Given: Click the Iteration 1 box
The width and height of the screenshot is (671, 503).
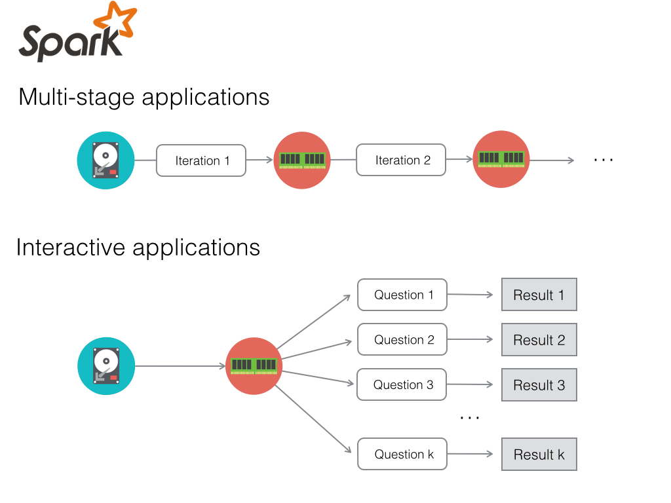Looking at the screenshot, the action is pos(201,160).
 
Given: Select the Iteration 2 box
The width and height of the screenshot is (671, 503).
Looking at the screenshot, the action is pos(401,160).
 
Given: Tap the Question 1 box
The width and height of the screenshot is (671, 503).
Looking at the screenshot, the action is pos(402,295).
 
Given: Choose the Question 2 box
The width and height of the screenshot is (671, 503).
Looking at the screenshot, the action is pos(402,340).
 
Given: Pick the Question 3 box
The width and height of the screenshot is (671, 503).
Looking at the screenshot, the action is pos(402,384).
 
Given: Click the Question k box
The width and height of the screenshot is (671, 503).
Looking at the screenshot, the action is pos(402,454).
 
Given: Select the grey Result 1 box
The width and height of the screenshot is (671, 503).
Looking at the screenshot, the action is pos(539,295).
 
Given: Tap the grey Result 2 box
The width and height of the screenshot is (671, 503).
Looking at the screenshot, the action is pos(539,340).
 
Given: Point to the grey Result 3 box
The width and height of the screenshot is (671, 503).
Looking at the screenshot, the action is pos(539,385).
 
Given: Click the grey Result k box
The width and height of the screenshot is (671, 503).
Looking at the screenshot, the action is pos(539,455).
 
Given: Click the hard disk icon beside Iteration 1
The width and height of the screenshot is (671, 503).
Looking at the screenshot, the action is pos(105,160).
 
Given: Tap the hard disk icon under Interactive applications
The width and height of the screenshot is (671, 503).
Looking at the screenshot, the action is pos(106,366).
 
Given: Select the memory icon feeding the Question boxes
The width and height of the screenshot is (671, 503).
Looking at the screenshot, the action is pos(254,366).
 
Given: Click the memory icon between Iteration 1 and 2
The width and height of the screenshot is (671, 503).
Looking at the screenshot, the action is pos(302,160).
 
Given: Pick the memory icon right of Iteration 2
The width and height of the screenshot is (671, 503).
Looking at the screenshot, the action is pos(501,159).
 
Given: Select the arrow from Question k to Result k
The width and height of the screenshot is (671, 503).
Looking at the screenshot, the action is pos(470,454).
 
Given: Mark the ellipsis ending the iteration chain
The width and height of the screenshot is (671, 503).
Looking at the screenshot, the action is pos(604,160).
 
